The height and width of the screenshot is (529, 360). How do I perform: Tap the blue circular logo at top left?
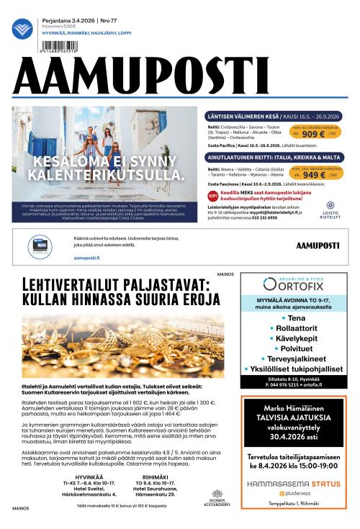point(22,29)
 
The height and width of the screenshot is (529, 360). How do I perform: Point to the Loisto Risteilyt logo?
point(329,209)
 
